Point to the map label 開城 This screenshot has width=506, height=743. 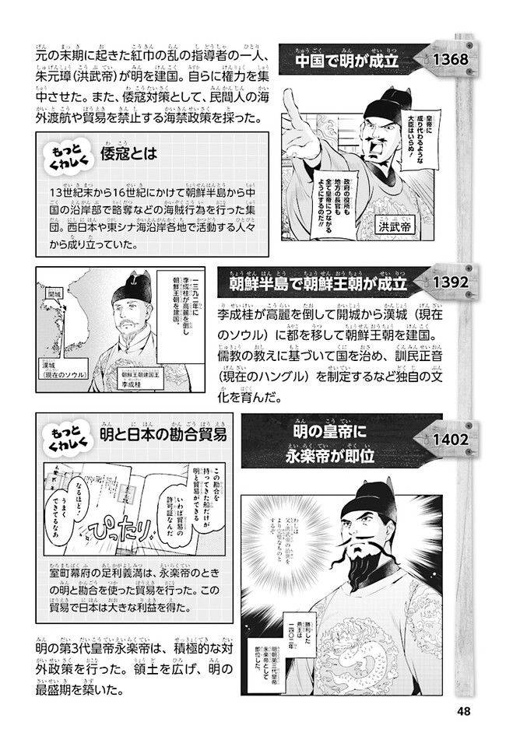pyautogui.click(x=54, y=296)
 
